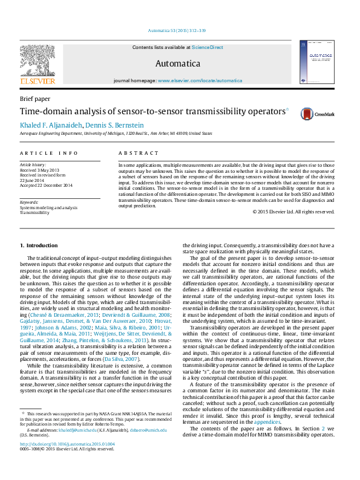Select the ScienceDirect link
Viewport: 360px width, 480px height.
(208, 47)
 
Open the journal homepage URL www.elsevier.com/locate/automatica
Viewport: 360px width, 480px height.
(200, 80)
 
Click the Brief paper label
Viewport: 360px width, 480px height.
(35, 99)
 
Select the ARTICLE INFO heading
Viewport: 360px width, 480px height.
(48, 154)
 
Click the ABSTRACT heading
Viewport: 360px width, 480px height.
(134, 154)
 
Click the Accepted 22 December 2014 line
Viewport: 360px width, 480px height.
(46, 185)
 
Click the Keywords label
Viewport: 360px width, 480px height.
(29, 202)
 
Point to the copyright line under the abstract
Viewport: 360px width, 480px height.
(293, 212)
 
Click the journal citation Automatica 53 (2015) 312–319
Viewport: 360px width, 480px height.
(177, 30)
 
